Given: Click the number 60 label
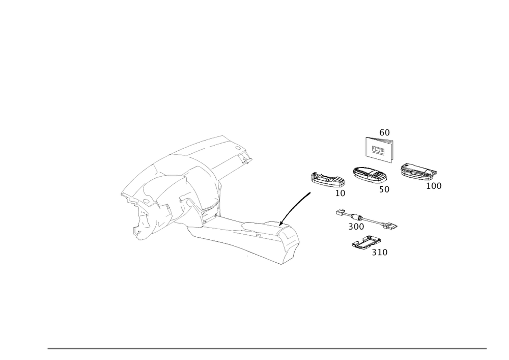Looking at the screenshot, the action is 384,133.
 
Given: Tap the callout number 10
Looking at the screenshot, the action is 340,194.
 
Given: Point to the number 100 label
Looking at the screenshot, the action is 434,186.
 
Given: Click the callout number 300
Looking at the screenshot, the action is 356,227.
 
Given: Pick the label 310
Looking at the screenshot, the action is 380,252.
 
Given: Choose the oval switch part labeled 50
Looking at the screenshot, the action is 369,175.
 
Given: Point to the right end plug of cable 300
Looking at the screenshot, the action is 392,225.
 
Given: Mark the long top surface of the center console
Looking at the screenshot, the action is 239,232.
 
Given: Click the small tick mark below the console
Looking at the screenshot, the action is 247,255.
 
